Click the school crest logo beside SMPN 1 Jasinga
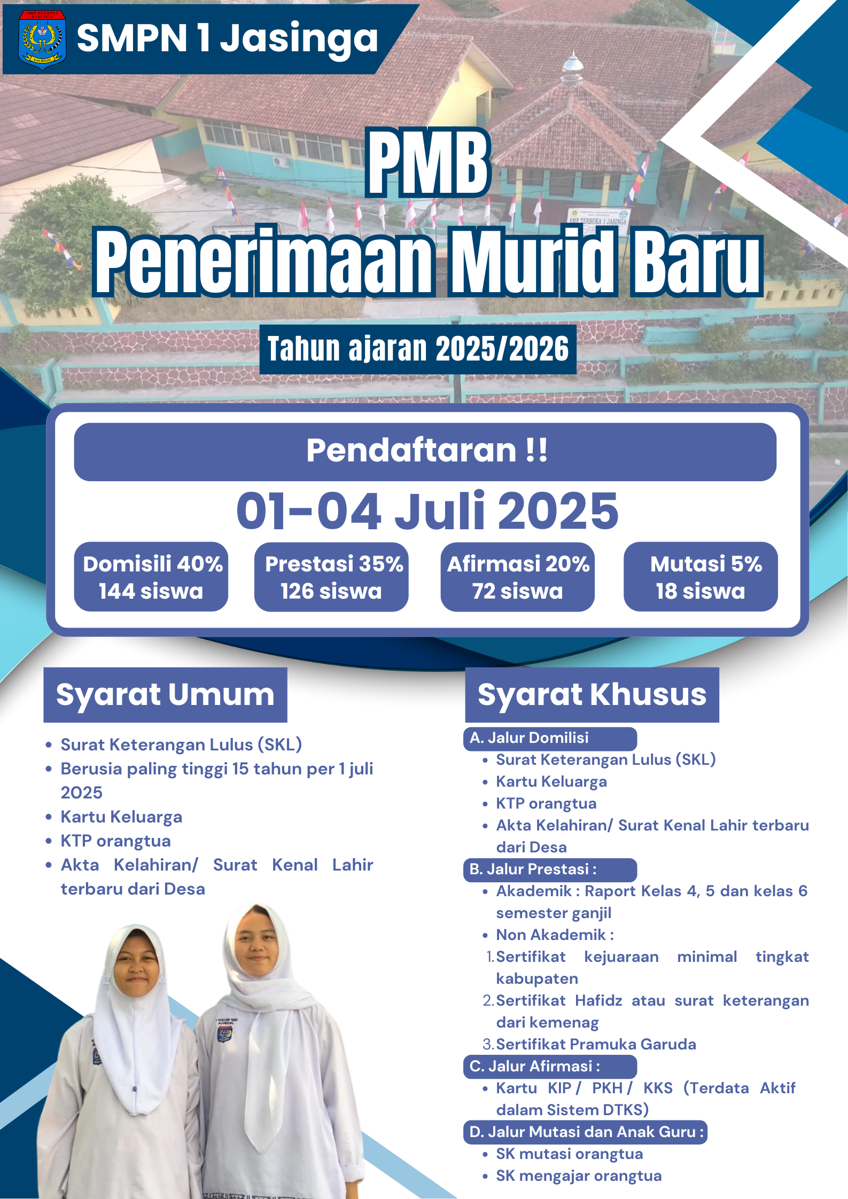42,40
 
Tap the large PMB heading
428,163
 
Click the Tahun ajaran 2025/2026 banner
418,349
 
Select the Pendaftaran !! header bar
425,452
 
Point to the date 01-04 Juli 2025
427,511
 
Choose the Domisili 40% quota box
151,577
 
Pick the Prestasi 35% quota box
331,577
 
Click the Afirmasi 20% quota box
517,577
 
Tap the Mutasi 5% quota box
701,577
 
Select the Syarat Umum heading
165,694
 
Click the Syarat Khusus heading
592,694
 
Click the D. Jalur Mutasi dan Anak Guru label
585,1132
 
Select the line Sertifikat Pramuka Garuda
596,1045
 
